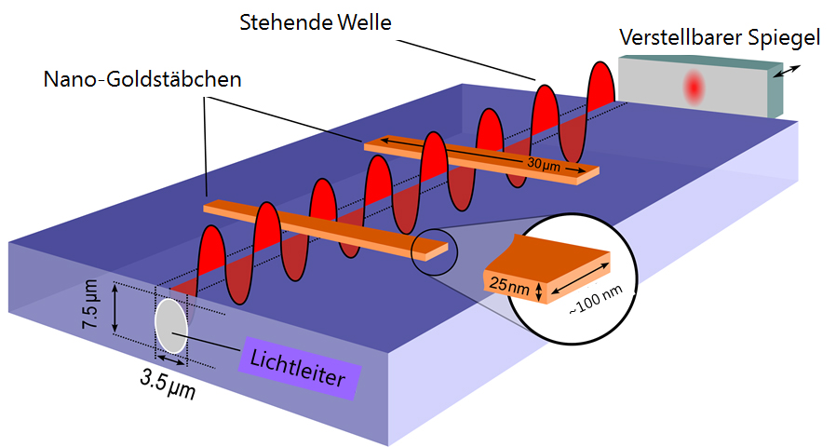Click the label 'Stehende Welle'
pos(315,20)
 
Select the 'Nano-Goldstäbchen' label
pos(142,80)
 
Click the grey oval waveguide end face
pos(169,325)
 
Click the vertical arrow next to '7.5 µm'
pos(115,308)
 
